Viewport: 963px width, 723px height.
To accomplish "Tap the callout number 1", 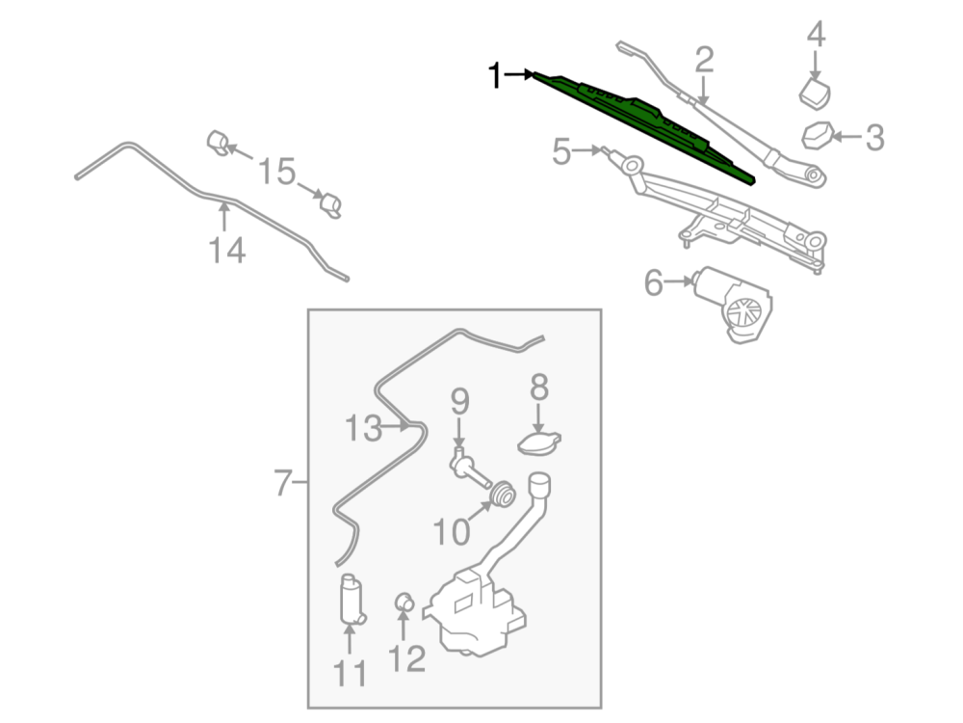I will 496,75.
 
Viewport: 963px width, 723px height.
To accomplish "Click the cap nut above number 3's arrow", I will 817,135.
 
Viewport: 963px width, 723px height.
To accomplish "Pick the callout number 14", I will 227,252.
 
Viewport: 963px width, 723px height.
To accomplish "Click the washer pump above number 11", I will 351,600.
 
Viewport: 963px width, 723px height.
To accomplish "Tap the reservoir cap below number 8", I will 539,442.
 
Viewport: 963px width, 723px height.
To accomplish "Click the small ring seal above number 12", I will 404,603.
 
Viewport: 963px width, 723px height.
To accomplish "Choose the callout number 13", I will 364,428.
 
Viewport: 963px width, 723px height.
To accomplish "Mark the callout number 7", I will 282,482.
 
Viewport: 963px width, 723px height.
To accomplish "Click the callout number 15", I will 275,174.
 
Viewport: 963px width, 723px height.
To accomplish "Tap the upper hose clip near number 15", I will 218,143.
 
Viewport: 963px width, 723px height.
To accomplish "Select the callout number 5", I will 561,152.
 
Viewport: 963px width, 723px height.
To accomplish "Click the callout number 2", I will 704,61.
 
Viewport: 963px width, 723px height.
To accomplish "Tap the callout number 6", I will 654,283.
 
